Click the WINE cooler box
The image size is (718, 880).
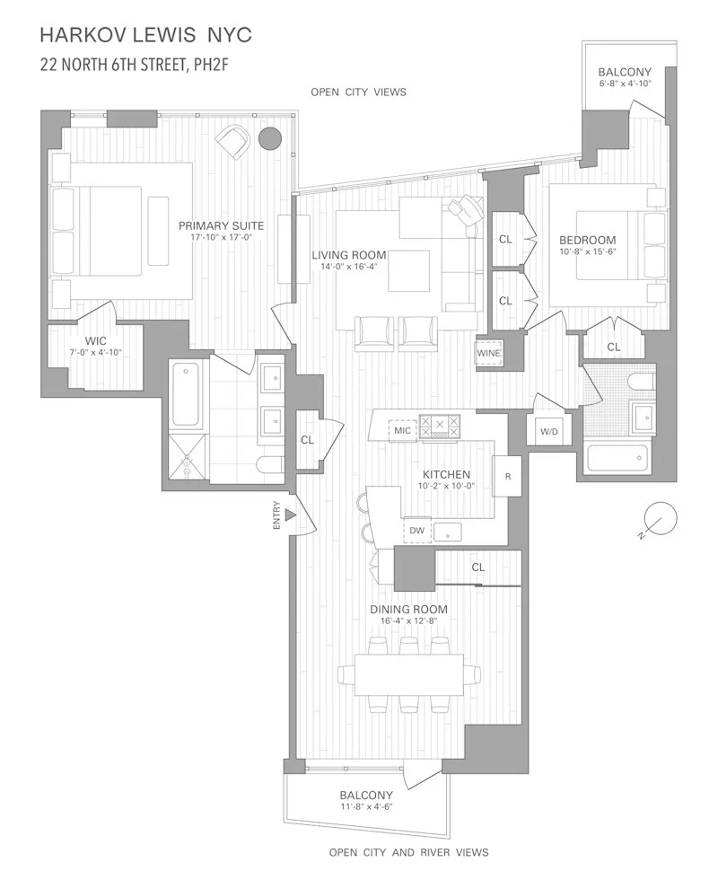[489, 354]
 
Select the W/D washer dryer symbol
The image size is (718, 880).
[548, 433]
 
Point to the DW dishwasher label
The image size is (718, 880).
[416, 531]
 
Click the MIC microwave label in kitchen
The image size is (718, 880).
[402, 431]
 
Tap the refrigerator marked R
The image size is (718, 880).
[508, 475]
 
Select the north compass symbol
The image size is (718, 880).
[660, 521]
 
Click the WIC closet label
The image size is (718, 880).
[96, 341]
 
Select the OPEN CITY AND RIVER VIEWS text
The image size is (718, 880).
[408, 852]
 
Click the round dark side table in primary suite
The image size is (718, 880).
[268, 138]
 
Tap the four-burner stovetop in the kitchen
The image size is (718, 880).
[440, 426]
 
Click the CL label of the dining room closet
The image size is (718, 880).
[478, 568]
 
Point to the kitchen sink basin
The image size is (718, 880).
[447, 531]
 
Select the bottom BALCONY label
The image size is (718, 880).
[365, 796]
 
